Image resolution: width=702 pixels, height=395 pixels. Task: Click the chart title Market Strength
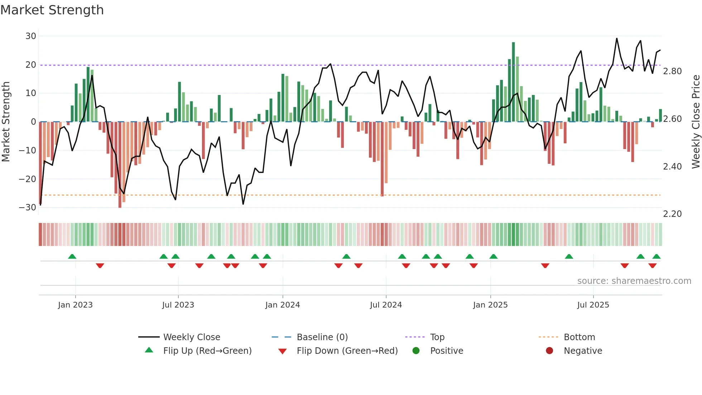[52, 10]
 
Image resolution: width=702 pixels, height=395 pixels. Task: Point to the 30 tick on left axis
[31, 36]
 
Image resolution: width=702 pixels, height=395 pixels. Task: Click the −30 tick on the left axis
[28, 207]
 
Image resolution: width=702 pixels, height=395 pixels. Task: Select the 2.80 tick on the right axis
[672, 71]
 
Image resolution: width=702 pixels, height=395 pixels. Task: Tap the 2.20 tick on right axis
[672, 214]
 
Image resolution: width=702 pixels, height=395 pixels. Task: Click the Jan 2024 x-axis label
[283, 305]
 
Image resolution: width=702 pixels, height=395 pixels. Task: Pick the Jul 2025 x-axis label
[593, 305]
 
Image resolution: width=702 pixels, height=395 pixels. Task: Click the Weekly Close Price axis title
[696, 122]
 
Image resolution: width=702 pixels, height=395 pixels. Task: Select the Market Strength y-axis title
[6, 122]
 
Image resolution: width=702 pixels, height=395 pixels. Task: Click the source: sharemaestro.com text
[634, 281]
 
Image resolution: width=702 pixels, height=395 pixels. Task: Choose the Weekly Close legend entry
[192, 337]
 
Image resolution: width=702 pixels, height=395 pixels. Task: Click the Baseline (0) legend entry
[322, 337]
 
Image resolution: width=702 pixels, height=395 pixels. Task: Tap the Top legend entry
[437, 337]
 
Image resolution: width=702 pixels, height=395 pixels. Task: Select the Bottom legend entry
[579, 337]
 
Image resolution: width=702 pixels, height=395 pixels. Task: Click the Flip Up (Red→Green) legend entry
[207, 351]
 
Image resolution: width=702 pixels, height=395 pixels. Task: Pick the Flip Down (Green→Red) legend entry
[347, 351]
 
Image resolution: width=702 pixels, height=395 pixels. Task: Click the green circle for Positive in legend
[416, 351]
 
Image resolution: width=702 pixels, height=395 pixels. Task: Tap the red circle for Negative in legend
[549, 351]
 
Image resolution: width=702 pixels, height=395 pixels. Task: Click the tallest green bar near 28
[513, 82]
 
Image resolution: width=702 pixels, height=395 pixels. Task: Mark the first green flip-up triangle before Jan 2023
[72, 256]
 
